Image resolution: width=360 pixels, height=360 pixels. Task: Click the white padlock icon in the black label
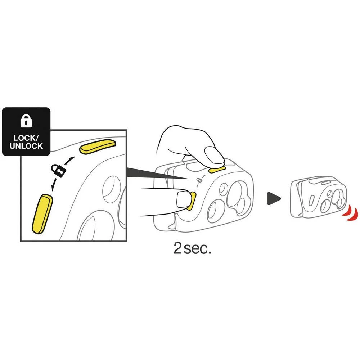coord(26,121)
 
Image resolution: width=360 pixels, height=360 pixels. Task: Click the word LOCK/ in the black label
coord(26,138)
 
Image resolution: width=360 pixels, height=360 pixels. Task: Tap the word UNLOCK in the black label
coord(26,146)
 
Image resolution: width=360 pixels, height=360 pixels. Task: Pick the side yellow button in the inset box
coord(42,214)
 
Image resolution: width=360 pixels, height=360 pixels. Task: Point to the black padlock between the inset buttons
coord(58,170)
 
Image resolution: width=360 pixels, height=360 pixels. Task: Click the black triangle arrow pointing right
coord(273,199)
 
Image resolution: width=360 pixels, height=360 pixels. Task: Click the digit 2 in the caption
coord(177,248)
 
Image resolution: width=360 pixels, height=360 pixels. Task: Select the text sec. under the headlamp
coord(197,249)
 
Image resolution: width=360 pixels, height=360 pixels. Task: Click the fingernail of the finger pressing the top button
coord(214,156)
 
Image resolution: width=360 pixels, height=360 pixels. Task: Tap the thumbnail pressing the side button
coord(183,199)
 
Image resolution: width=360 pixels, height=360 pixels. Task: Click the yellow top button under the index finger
coord(217,170)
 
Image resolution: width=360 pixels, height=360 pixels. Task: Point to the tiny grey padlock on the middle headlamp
coord(200,180)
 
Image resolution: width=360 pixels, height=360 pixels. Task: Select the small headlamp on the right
coord(319,197)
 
